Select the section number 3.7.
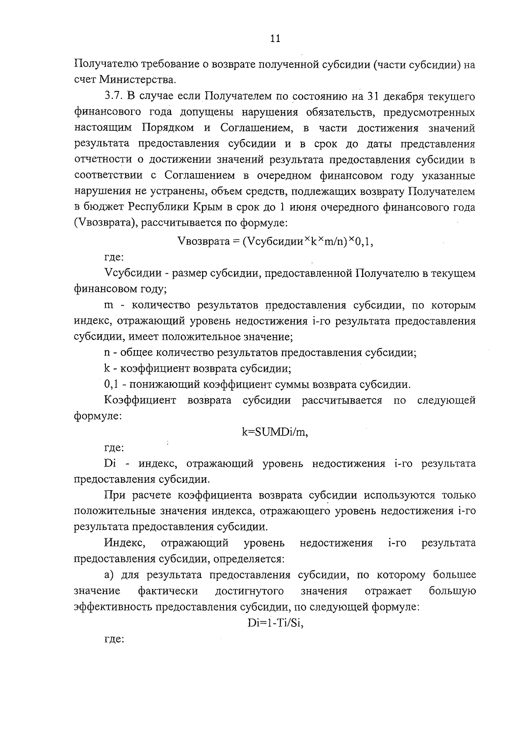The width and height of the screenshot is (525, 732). coord(114,96)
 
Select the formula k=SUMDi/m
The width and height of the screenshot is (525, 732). coord(275,432)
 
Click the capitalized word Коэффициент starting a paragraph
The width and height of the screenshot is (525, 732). coord(140,401)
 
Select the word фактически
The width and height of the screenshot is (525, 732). coord(168,591)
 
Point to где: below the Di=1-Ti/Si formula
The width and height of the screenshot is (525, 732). coord(114,639)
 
